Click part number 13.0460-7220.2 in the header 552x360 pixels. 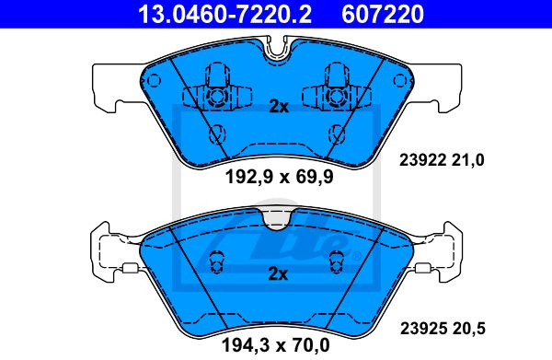(x=224, y=14)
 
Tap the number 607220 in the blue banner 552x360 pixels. (x=383, y=14)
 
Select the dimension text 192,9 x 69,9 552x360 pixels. (x=279, y=177)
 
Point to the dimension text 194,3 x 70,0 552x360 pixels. (x=276, y=345)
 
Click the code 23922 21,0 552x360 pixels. (x=442, y=160)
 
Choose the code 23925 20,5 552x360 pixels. (x=443, y=329)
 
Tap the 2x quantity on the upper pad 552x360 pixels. (x=279, y=106)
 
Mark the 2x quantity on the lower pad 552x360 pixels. (x=278, y=273)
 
